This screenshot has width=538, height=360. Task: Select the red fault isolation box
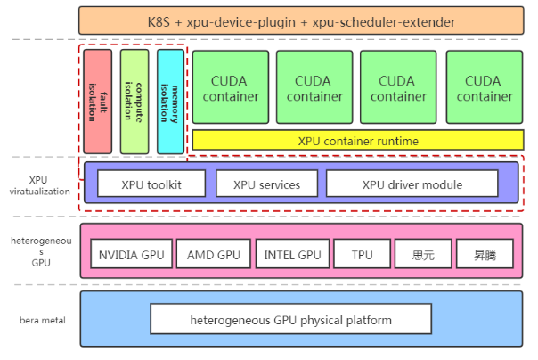pyautogui.click(x=96, y=101)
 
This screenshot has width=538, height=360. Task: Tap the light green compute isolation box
pyautogui.click(x=134, y=101)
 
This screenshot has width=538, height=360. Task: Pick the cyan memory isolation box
pyautogui.click(x=170, y=101)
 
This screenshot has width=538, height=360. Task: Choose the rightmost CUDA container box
pyautogui.click(x=484, y=86)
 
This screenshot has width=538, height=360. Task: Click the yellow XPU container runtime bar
pyautogui.click(x=357, y=141)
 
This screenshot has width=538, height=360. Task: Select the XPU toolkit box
pyautogui.click(x=151, y=184)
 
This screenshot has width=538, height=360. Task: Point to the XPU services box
pyautogui.click(x=266, y=184)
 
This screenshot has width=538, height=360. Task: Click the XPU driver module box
pyautogui.click(x=412, y=184)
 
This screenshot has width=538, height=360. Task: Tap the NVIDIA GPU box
pyautogui.click(x=132, y=254)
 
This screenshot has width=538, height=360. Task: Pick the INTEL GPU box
pyautogui.click(x=292, y=254)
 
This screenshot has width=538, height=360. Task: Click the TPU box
pyautogui.click(x=362, y=254)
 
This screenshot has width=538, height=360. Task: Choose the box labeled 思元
pyautogui.click(x=423, y=254)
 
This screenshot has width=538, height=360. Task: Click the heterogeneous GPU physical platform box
pyautogui.click(x=290, y=318)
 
